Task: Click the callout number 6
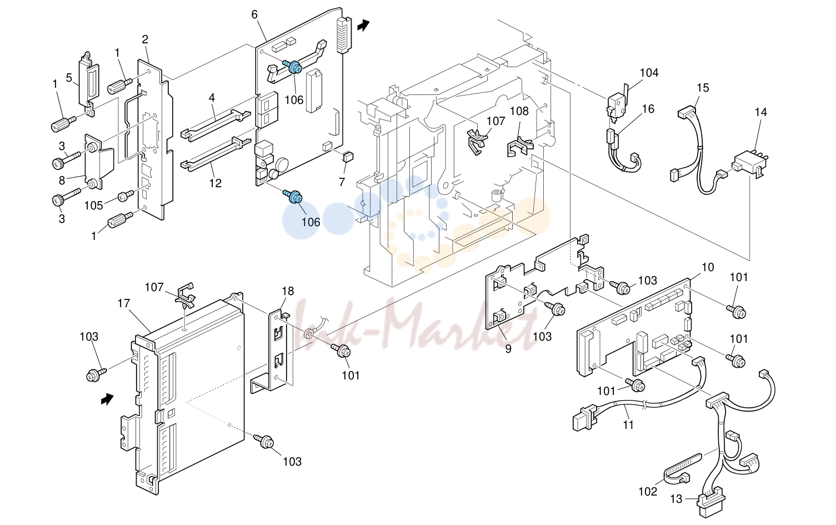(x=254, y=14)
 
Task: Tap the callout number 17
(x=123, y=303)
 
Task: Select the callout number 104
(x=649, y=73)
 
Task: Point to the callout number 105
(x=93, y=205)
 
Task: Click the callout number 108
(x=519, y=111)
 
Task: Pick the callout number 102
(x=648, y=492)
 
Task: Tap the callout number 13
(x=676, y=499)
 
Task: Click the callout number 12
(x=216, y=183)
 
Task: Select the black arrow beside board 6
(x=363, y=26)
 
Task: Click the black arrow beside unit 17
(x=107, y=399)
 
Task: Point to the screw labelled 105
(x=126, y=196)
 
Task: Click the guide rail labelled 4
(x=216, y=125)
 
